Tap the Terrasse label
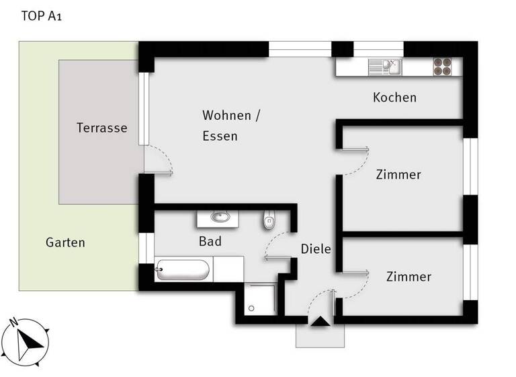[x=101, y=127]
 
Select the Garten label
[x=65, y=242]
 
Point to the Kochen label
[x=394, y=98]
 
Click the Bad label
[x=210, y=241]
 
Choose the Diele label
[x=316, y=248]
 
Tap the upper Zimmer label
[x=398, y=174]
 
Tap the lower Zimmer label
[x=408, y=277]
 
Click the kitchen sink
[x=384, y=66]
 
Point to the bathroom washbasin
[x=219, y=217]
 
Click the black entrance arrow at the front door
[x=319, y=322]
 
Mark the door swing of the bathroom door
[x=277, y=245]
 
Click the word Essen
[x=220, y=136]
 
